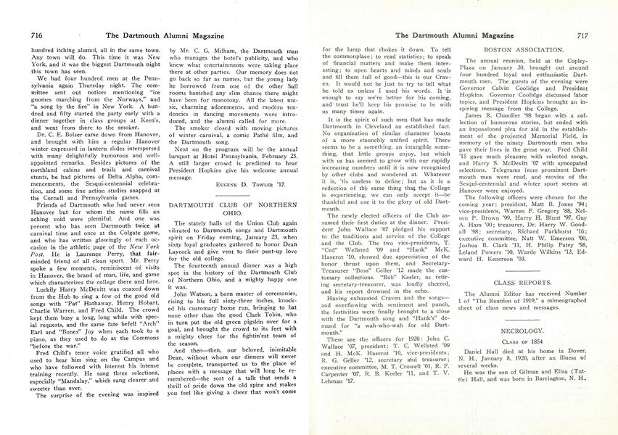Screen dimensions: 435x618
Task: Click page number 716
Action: pos(17,35)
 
